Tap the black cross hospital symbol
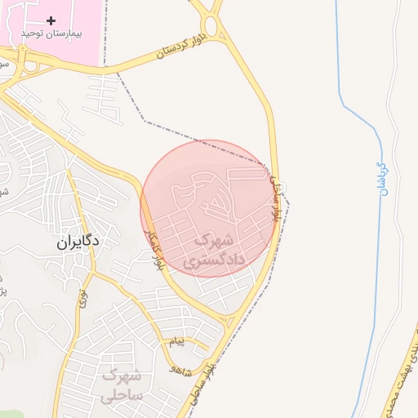tap(51, 20)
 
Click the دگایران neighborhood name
tap(78, 242)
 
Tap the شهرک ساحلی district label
tap(122, 385)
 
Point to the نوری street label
tap(82, 299)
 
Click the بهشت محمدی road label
tap(402, 376)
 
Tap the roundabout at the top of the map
tap(211, 26)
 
